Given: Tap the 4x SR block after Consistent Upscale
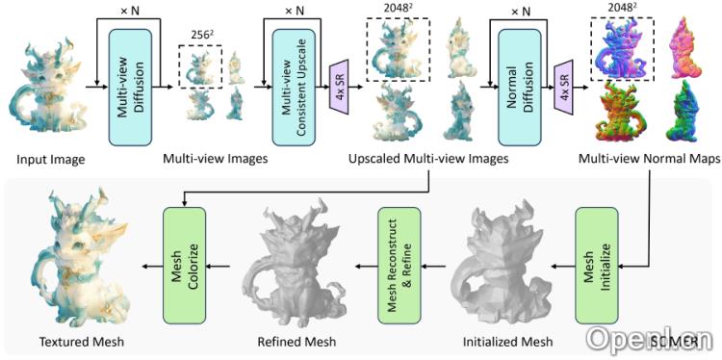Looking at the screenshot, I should [x=340, y=89].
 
